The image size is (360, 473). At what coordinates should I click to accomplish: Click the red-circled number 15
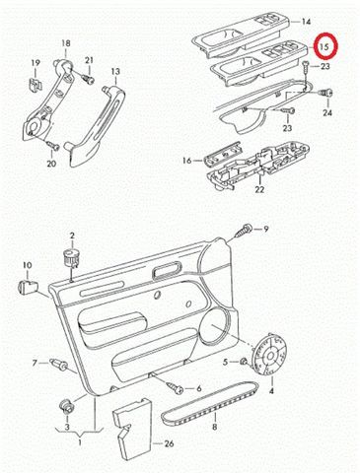tap(324, 46)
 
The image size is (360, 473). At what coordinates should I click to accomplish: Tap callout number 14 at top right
tap(306, 22)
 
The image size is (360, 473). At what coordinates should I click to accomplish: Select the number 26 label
tap(169, 443)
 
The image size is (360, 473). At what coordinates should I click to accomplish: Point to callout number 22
tap(259, 189)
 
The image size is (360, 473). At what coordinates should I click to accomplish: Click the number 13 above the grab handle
tap(115, 72)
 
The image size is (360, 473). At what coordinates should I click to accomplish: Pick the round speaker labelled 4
tap(270, 356)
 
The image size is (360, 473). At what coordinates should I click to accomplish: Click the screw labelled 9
tap(244, 231)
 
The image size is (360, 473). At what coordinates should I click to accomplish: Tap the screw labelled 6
tap(176, 388)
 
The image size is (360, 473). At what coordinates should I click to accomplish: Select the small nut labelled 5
tap(244, 362)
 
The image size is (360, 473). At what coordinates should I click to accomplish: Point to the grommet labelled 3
tap(65, 405)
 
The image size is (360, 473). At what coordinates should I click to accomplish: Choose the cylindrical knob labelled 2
tap(71, 258)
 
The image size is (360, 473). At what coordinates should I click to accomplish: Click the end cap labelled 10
tap(27, 286)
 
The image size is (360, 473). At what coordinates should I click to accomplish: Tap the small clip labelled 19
tap(35, 85)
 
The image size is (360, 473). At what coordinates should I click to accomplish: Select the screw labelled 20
tap(52, 145)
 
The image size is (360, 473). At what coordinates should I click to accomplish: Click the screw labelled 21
tap(87, 78)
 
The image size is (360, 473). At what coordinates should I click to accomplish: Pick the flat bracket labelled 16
tap(223, 153)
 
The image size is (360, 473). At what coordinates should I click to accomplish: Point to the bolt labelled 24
tap(326, 93)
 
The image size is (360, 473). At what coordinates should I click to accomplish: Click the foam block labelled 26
tap(132, 429)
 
